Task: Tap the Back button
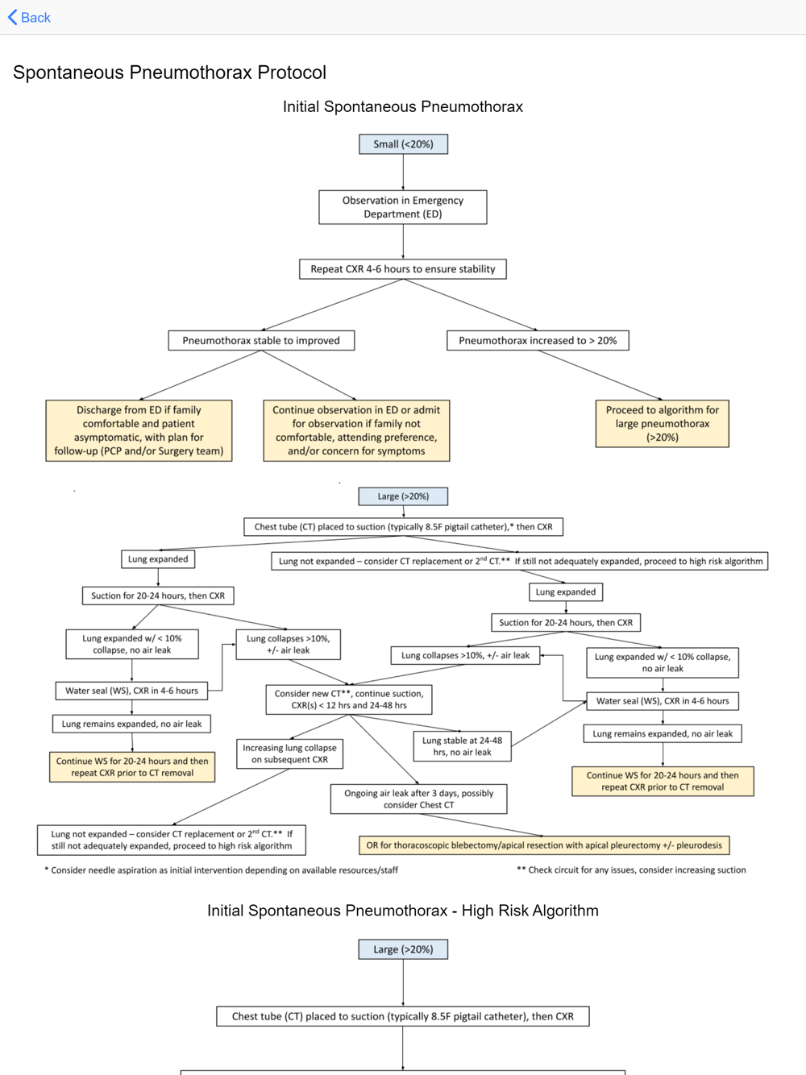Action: (x=29, y=18)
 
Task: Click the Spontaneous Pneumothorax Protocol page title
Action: (x=169, y=73)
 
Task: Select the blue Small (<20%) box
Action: (x=403, y=144)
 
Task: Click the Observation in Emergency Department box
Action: (x=403, y=207)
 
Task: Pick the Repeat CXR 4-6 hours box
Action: (x=403, y=269)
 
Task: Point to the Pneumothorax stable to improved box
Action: (x=261, y=340)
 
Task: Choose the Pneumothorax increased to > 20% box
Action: (x=538, y=340)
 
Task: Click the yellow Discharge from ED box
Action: (x=139, y=430)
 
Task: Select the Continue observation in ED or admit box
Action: (x=356, y=430)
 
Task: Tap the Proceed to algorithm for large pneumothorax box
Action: (x=662, y=424)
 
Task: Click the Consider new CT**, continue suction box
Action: (x=349, y=699)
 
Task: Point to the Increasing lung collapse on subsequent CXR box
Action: (x=290, y=753)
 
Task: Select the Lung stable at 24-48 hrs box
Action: (x=463, y=746)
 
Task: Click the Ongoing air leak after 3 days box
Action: (x=418, y=799)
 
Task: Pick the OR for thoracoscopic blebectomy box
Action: (x=544, y=845)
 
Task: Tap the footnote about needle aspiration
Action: (x=222, y=870)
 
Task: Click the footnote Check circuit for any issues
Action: (x=632, y=870)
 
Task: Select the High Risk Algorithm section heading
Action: (x=403, y=911)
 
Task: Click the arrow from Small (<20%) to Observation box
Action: (x=403, y=172)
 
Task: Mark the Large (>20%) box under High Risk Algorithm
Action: (x=403, y=949)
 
